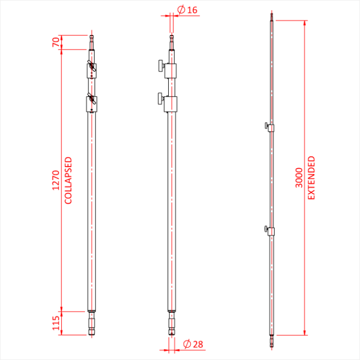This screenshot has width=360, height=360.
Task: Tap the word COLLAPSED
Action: point(68,181)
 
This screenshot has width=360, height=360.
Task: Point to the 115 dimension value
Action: point(55,323)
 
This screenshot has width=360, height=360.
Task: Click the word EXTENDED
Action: point(311,178)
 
